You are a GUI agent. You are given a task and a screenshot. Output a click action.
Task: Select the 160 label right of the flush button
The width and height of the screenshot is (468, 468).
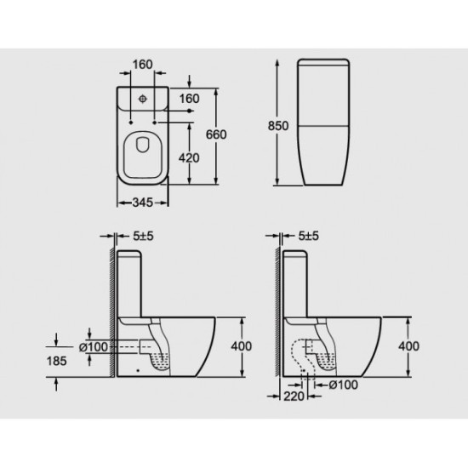[189, 99]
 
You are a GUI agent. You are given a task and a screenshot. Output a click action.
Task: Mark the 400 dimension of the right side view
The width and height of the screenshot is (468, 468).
[409, 345]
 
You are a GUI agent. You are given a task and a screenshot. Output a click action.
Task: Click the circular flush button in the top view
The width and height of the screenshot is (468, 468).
[143, 99]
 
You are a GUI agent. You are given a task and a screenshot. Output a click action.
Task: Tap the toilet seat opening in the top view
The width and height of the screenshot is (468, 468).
[143, 156]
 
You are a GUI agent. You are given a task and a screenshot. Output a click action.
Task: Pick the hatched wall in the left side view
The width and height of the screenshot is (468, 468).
[111, 315]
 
